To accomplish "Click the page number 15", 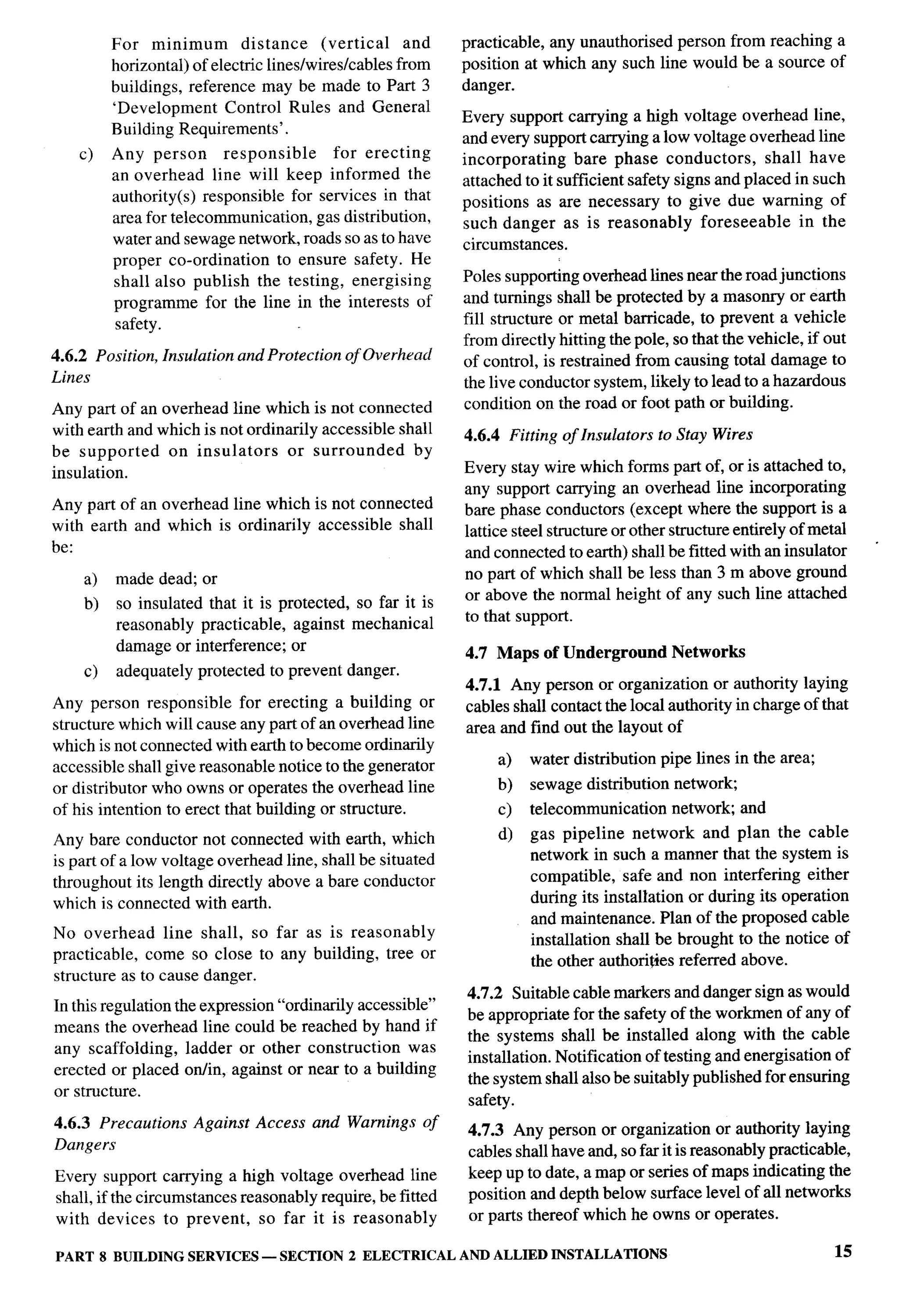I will point(843,1251).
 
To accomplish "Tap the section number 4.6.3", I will point(72,1123).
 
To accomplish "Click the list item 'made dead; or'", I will point(166,578).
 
